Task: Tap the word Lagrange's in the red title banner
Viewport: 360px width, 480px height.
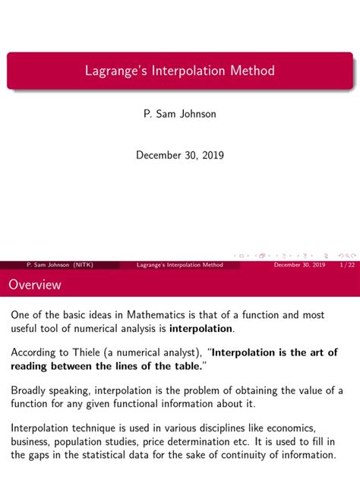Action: click(x=115, y=71)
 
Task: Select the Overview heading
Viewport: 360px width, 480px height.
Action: click(x=36, y=286)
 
